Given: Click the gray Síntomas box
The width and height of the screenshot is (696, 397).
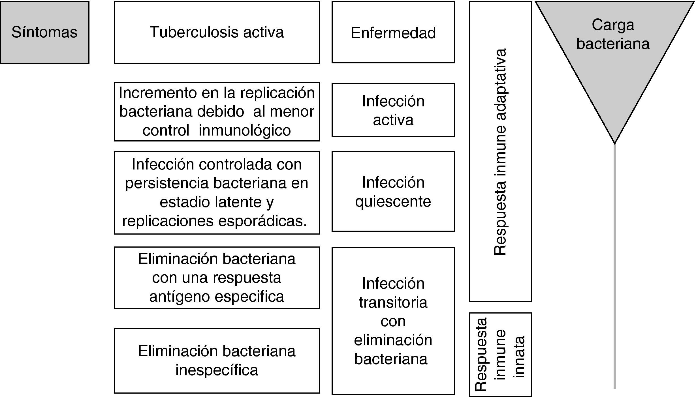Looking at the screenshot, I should tap(44, 32).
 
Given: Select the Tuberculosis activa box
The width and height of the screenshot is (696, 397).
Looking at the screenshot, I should tap(217, 32).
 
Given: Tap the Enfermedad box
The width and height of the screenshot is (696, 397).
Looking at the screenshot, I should tap(393, 32).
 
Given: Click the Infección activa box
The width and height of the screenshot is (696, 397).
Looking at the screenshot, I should tap(393, 110).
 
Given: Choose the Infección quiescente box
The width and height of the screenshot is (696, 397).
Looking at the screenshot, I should tap(393, 192).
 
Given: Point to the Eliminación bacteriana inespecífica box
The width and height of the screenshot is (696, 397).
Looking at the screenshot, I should tap(217, 360).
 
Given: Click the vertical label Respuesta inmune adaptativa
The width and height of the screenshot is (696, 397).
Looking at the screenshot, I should tap(500, 152).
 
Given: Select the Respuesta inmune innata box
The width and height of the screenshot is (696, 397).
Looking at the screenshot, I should tap(500, 354).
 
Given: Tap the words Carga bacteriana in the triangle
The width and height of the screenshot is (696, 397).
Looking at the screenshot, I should tap(613, 34).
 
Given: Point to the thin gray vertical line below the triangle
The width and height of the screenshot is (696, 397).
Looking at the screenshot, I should tap(614, 266).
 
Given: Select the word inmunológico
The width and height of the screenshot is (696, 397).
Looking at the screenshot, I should tap(245, 130).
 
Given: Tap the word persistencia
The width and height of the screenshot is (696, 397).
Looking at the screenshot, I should tap(167, 183).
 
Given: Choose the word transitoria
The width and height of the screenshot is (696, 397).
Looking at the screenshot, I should tap(393, 302).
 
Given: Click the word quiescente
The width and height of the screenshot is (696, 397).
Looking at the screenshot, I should tap(393, 201).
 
